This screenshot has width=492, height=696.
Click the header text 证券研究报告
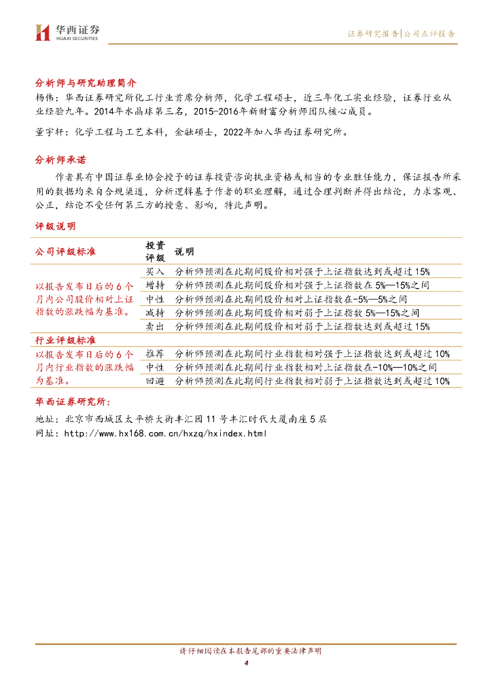(373, 33)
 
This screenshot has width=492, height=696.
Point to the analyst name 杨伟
(43, 98)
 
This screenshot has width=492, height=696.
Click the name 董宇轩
(47, 133)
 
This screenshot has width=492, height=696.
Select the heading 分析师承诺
(60, 161)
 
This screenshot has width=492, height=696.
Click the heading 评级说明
(56, 226)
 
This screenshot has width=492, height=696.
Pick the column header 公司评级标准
(65, 251)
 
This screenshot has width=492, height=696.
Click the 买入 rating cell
(155, 271)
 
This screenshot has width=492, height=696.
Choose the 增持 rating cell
(155, 285)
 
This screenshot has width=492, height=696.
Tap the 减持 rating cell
(155, 313)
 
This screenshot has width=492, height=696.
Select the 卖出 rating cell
(155, 326)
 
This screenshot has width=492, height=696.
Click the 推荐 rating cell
(155, 353)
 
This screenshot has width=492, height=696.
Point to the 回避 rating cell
(155, 381)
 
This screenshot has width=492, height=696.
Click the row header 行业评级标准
(65, 340)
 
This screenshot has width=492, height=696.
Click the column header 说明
(184, 251)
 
